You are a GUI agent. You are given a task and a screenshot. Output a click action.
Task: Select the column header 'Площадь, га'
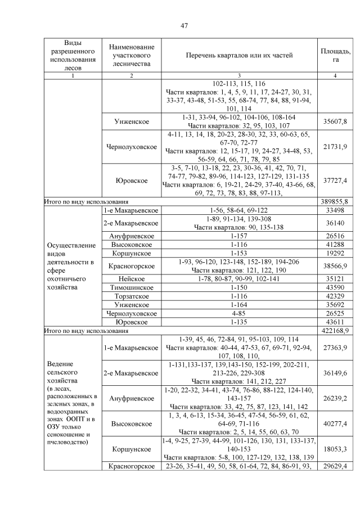(x=335, y=55)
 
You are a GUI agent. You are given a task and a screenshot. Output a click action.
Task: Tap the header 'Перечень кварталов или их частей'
(x=240, y=55)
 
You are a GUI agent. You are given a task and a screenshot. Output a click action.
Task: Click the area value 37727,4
(x=335, y=180)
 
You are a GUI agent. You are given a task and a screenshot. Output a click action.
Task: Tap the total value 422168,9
(x=335, y=331)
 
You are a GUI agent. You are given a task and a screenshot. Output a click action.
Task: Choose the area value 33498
(x=335, y=210)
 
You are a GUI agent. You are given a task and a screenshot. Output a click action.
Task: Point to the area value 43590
(x=335, y=287)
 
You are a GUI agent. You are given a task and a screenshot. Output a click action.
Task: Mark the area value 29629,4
(x=335, y=467)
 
